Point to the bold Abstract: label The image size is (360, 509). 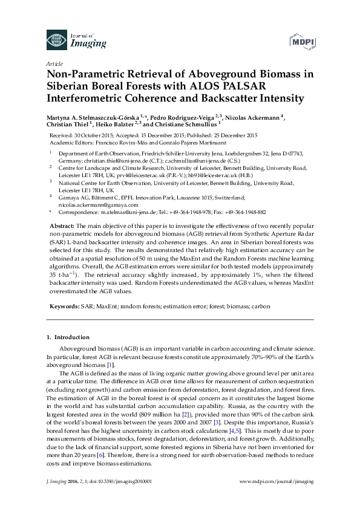point(62,224)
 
